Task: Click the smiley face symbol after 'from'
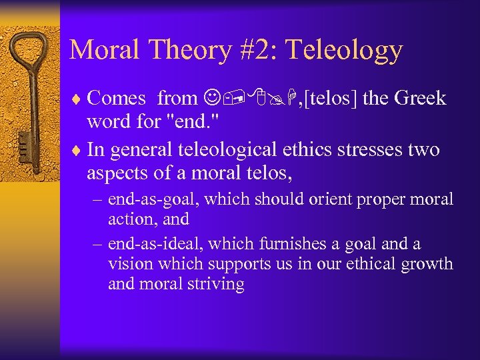point(211,99)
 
